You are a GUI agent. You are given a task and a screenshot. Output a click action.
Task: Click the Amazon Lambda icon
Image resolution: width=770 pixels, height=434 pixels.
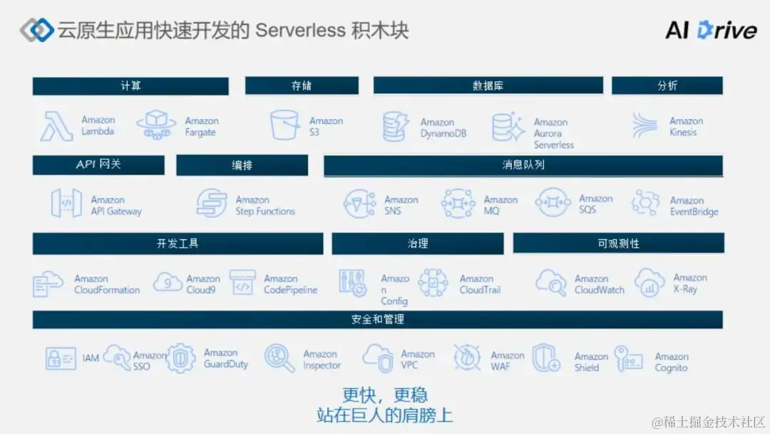tap(57, 126)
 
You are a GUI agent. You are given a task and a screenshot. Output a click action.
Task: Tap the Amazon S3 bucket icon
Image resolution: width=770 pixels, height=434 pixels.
tap(285, 125)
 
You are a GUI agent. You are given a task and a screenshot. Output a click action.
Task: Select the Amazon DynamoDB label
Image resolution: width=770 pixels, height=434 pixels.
tap(443, 128)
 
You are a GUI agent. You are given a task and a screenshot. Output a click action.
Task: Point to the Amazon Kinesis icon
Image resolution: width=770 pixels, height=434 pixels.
tap(645, 126)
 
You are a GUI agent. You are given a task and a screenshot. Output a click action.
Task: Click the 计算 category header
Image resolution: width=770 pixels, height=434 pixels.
tap(130, 86)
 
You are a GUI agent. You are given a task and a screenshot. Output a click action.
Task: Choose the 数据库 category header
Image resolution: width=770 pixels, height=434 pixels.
tap(488, 86)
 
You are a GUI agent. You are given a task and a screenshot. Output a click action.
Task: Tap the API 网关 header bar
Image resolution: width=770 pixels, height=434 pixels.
tap(98, 165)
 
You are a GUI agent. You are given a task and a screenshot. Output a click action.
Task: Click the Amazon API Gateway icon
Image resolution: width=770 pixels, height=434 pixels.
tap(66, 203)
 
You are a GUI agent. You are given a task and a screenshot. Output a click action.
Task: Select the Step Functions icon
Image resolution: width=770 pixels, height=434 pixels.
tap(211, 203)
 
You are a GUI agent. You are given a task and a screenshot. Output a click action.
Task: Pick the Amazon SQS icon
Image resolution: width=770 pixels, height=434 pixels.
tap(553, 203)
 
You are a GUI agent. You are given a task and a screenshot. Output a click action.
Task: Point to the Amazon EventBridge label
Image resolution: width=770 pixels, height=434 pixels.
tap(694, 206)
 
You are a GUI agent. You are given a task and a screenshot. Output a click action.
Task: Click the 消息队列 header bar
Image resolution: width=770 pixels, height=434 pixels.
tap(523, 166)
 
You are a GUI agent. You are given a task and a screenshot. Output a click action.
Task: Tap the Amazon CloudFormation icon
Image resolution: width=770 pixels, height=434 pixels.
tap(48, 284)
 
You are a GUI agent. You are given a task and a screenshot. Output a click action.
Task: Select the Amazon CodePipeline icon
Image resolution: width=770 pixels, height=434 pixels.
tap(242, 283)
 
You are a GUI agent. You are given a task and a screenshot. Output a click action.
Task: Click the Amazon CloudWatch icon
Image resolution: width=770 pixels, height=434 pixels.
tap(550, 283)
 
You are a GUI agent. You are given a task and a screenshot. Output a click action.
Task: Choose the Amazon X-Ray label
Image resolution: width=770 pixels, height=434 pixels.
tap(689, 283)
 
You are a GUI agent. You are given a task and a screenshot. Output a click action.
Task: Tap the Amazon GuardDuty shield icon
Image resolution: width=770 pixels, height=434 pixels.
tap(182, 359)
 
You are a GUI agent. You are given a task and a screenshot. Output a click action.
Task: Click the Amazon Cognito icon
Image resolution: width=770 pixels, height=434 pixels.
tap(628, 359)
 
